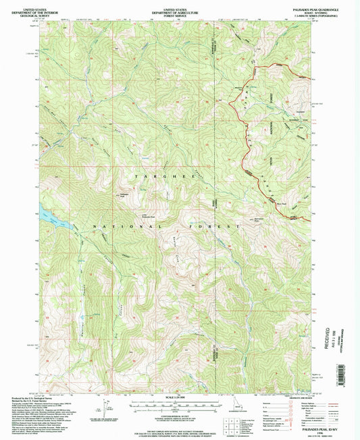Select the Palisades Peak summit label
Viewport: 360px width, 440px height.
point(124,195)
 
